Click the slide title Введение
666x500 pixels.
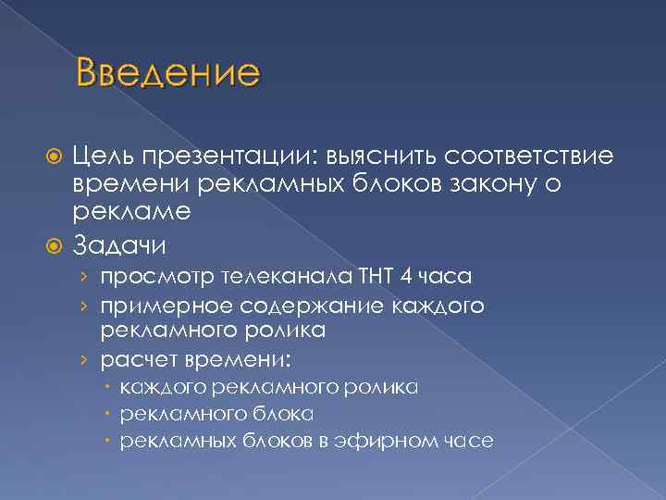click(x=169, y=72)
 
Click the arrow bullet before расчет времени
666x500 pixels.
click(x=85, y=358)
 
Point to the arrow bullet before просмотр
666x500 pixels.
click(x=85, y=278)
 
